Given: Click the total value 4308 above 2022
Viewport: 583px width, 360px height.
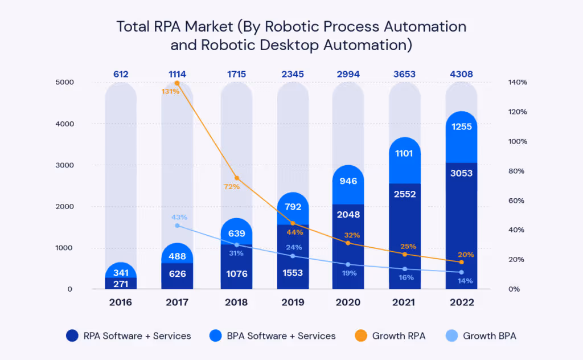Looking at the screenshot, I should (461, 74).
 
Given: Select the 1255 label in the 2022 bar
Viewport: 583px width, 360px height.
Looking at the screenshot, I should (461, 126).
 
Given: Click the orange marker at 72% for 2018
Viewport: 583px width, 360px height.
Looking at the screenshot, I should (237, 178).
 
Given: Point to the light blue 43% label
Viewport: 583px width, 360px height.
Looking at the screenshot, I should (179, 217).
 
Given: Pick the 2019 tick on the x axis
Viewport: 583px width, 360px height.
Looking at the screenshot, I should (293, 302).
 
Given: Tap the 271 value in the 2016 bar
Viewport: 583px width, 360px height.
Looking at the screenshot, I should (121, 283).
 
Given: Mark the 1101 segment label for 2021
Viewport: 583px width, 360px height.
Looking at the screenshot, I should (405, 153).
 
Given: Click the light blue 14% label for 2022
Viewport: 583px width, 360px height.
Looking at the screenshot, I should (465, 281).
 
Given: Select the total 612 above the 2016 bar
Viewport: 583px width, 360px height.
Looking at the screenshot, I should (121, 74).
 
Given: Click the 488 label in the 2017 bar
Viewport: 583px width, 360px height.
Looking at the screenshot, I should (177, 256).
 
